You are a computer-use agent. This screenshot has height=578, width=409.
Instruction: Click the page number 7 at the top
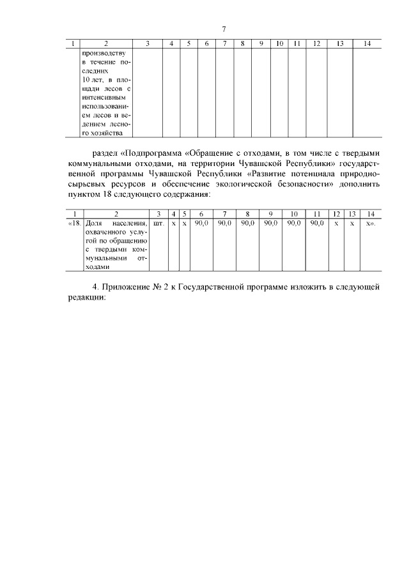click(224, 29)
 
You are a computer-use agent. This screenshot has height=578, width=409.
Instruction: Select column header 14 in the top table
click(366, 43)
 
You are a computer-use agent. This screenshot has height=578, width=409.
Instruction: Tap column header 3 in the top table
click(148, 43)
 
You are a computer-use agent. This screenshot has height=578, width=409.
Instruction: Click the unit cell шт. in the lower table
click(158, 223)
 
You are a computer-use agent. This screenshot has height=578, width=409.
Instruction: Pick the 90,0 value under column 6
click(202, 223)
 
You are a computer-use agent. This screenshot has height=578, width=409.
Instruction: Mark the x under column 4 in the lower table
click(173, 223)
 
